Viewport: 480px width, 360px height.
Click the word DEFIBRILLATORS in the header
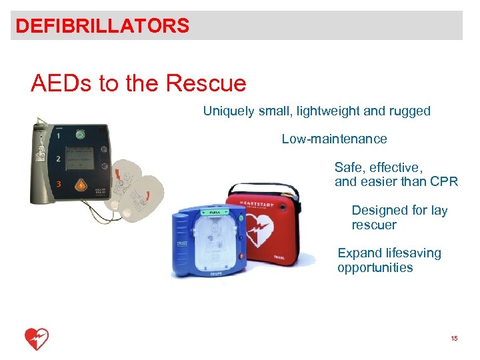pyautogui.click(x=102, y=26)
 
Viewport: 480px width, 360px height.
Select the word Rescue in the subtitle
pyautogui.click(x=206, y=84)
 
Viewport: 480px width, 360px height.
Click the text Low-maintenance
pyautogui.click(x=334, y=139)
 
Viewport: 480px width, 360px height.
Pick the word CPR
pyautogui.click(x=444, y=181)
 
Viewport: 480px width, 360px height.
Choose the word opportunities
pyautogui.click(x=375, y=268)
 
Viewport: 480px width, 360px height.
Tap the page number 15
pyautogui.click(x=454, y=339)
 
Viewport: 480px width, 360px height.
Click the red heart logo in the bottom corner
pyautogui.click(x=36, y=339)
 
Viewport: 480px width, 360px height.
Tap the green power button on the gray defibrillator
pyautogui.click(x=80, y=135)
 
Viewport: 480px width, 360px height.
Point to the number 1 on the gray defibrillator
pyautogui.click(x=58, y=135)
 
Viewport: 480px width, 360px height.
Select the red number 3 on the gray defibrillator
pyautogui.click(x=59, y=183)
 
